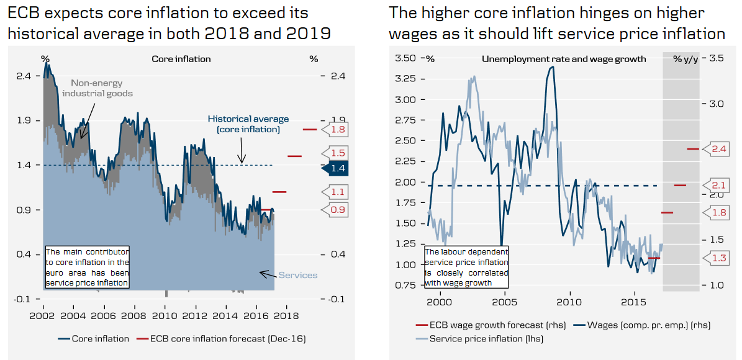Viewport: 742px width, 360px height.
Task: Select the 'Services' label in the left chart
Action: click(x=297, y=275)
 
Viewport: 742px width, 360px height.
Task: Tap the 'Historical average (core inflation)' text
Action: click(x=248, y=124)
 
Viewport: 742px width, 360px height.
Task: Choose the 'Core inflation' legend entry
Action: click(x=94, y=339)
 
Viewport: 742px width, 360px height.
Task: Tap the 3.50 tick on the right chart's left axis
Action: click(x=405, y=58)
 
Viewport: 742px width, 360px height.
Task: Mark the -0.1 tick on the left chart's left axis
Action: click(x=22, y=299)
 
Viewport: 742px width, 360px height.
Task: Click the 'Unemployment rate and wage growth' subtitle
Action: click(x=564, y=59)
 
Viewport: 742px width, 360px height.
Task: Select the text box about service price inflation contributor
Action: click(x=88, y=267)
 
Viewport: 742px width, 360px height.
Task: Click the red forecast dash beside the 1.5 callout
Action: click(x=294, y=156)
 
